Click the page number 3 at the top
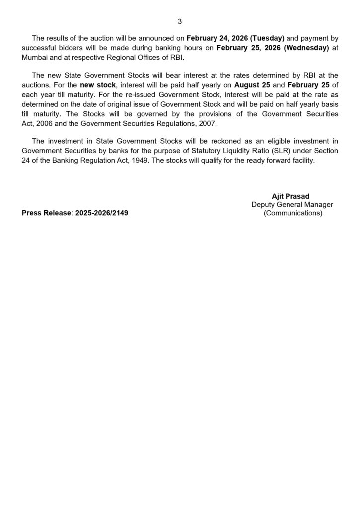(180, 21)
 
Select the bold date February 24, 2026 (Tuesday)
(235, 38)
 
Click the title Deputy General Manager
(292, 204)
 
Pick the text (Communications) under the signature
(292, 213)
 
